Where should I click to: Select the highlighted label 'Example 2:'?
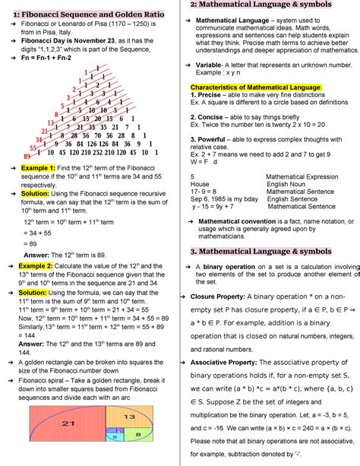pyautogui.click(x=37, y=266)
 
